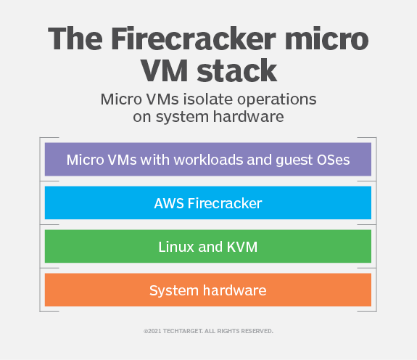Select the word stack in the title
pyautogui.click(x=236, y=71)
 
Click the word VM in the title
pyautogui.click(x=164, y=71)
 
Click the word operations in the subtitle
pyautogui.click(x=276, y=100)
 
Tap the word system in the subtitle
pyautogui.click(x=182, y=118)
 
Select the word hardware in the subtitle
pyautogui.click(x=249, y=116)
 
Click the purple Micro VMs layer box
pyautogui.click(x=208, y=159)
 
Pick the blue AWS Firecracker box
pyautogui.click(x=208, y=202)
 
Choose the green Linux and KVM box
pyautogui.click(x=208, y=246)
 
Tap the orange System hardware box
pyautogui.click(x=208, y=290)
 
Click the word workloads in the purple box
pyautogui.click(x=208, y=160)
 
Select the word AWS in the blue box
pyautogui.click(x=169, y=203)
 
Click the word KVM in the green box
pyautogui.click(x=242, y=247)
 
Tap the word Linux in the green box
pyautogui.click(x=176, y=247)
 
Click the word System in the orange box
pyautogui.click(x=174, y=290)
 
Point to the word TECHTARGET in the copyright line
pyautogui.click(x=183, y=331)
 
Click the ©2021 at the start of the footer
pyautogui.click(x=152, y=331)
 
